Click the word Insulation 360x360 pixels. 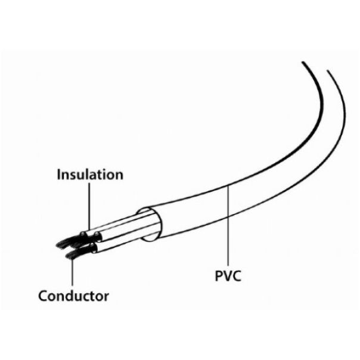[90, 175]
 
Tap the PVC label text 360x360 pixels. [228, 276]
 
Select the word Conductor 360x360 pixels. [73, 296]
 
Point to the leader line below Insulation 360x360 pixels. [89, 206]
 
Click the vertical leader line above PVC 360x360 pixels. [228, 226]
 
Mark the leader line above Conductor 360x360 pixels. [72, 272]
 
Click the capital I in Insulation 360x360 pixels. [59, 175]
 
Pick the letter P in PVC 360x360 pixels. [218, 276]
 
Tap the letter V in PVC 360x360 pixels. [227, 276]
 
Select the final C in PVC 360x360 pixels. [237, 276]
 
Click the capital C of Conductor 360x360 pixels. [43, 296]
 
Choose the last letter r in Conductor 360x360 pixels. [107, 297]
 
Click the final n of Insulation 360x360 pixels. [119, 176]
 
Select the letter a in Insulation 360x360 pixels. [94, 176]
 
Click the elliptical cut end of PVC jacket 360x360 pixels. [150, 225]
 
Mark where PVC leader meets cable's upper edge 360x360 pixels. [228, 186]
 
